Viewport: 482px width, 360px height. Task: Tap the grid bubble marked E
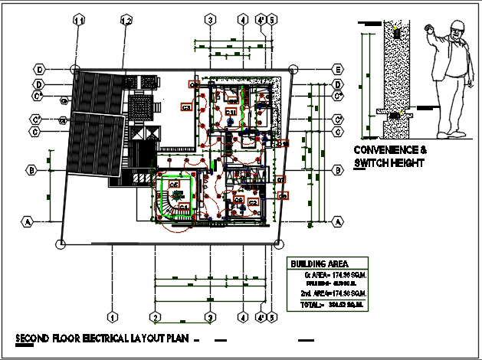[x=337, y=69]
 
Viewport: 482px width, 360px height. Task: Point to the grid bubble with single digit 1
[x=112, y=316]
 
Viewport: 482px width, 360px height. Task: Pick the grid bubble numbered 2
[x=155, y=316]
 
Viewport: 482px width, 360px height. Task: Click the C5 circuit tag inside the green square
[x=174, y=185]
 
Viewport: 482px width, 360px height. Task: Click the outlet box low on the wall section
[x=396, y=115]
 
